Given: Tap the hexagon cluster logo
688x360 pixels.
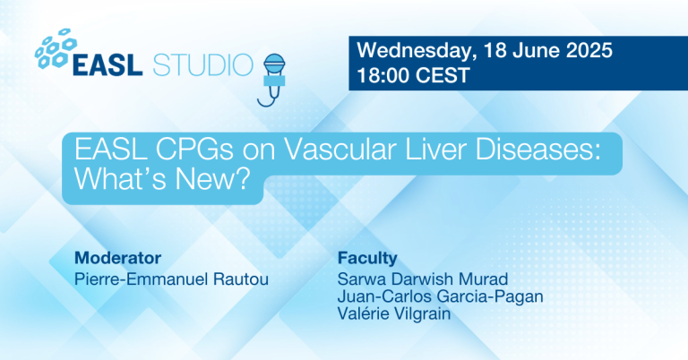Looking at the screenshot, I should [x=56, y=50].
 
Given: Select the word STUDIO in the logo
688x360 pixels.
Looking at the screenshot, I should [x=202, y=65].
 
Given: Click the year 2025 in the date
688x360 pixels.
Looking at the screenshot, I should [x=588, y=52].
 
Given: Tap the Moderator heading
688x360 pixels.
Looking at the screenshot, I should [x=111, y=258].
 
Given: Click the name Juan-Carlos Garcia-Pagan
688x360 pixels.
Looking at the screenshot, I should [x=429, y=295].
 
